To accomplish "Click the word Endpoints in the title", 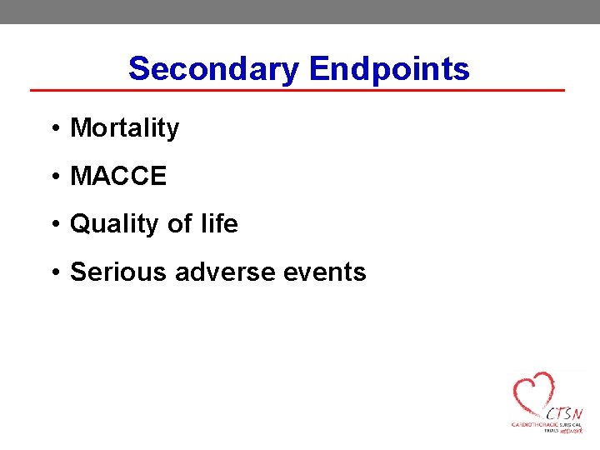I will point(389,68).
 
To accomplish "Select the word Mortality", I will point(124,128).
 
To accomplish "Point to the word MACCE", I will point(118,177).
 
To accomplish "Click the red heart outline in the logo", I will point(533,392).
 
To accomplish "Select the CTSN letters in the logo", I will point(564,413).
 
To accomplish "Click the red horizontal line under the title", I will point(297,90).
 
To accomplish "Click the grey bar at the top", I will point(300,12).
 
